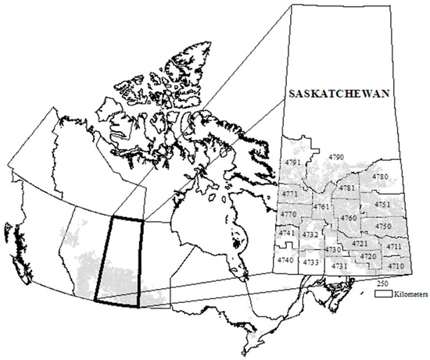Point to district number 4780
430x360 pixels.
[380, 177]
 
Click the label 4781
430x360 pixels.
[348, 188]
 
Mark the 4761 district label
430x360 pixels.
[321, 206]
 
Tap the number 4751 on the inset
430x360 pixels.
[382, 205]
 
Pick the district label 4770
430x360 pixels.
[288, 214]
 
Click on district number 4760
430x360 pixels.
[349, 217]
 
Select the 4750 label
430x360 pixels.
[383, 226]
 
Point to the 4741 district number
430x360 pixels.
[287, 233]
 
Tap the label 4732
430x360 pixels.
[310, 234]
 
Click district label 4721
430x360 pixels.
[360, 244]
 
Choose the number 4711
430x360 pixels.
[394, 247]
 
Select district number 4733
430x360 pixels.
[311, 262]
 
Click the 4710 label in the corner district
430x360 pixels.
[396, 266]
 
